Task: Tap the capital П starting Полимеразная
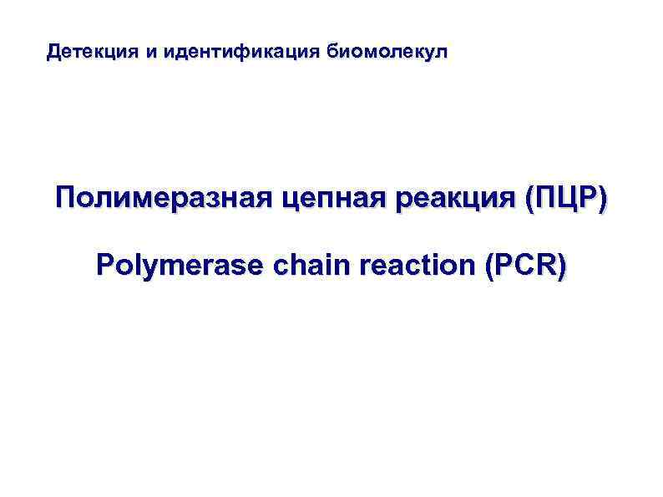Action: tap(66, 200)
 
